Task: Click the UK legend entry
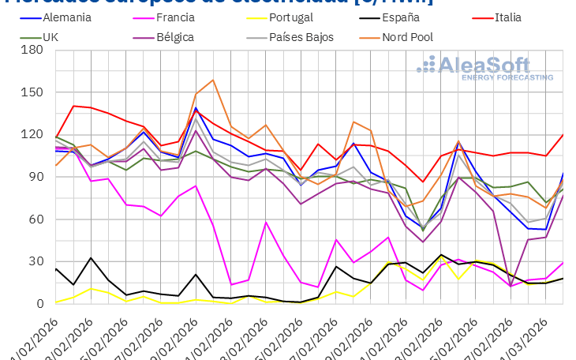coord(50,37)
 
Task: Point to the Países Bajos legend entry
coord(301,37)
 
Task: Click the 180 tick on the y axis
coord(31,51)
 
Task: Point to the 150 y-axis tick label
coord(31,92)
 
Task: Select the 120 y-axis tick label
coord(31,135)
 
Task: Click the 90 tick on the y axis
coord(35,177)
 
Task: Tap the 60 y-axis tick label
coord(35,219)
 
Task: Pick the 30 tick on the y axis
coord(35,261)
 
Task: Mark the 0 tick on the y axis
coord(38,304)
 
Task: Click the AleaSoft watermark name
coord(495,64)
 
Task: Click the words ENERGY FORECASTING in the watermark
coord(507,77)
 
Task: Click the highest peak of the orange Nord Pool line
coord(213,80)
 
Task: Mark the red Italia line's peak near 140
coord(74,106)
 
